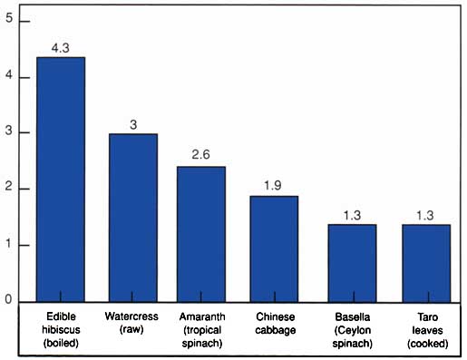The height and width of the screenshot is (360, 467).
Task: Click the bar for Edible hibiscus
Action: [x=61, y=180]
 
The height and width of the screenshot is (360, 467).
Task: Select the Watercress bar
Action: [x=133, y=218]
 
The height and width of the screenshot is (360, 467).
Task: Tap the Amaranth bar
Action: [x=201, y=234]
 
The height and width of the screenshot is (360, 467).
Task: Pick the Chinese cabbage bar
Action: [x=274, y=248]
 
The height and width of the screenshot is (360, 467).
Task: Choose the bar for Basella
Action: [x=352, y=263]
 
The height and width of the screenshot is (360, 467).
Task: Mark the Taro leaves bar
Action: [x=426, y=263]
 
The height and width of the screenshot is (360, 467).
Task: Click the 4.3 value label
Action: [x=61, y=48]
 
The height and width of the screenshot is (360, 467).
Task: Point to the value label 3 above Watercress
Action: [x=133, y=124]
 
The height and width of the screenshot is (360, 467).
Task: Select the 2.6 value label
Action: [x=200, y=154]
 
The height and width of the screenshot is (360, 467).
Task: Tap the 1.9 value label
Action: [x=273, y=185]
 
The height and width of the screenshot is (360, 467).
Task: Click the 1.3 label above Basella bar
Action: [x=352, y=215]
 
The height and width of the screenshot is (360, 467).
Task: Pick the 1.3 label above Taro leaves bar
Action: [x=425, y=215]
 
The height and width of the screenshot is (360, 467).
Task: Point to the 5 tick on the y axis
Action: [x=9, y=18]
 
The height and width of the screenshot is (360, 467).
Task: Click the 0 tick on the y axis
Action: [x=8, y=299]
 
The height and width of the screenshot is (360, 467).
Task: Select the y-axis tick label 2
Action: [x=9, y=187]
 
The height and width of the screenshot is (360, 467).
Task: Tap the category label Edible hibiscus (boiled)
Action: [x=61, y=330]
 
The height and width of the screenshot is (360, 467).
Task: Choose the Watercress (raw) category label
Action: [x=131, y=323]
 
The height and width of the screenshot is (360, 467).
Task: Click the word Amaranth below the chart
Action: [x=202, y=316]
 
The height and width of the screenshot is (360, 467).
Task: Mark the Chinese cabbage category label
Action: [x=276, y=324]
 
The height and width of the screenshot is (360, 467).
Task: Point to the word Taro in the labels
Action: [x=428, y=317]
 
